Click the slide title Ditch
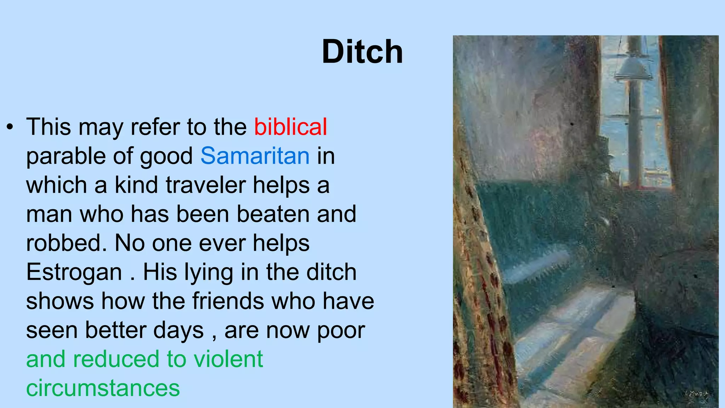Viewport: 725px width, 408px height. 362,52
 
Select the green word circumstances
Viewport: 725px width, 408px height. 103,388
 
